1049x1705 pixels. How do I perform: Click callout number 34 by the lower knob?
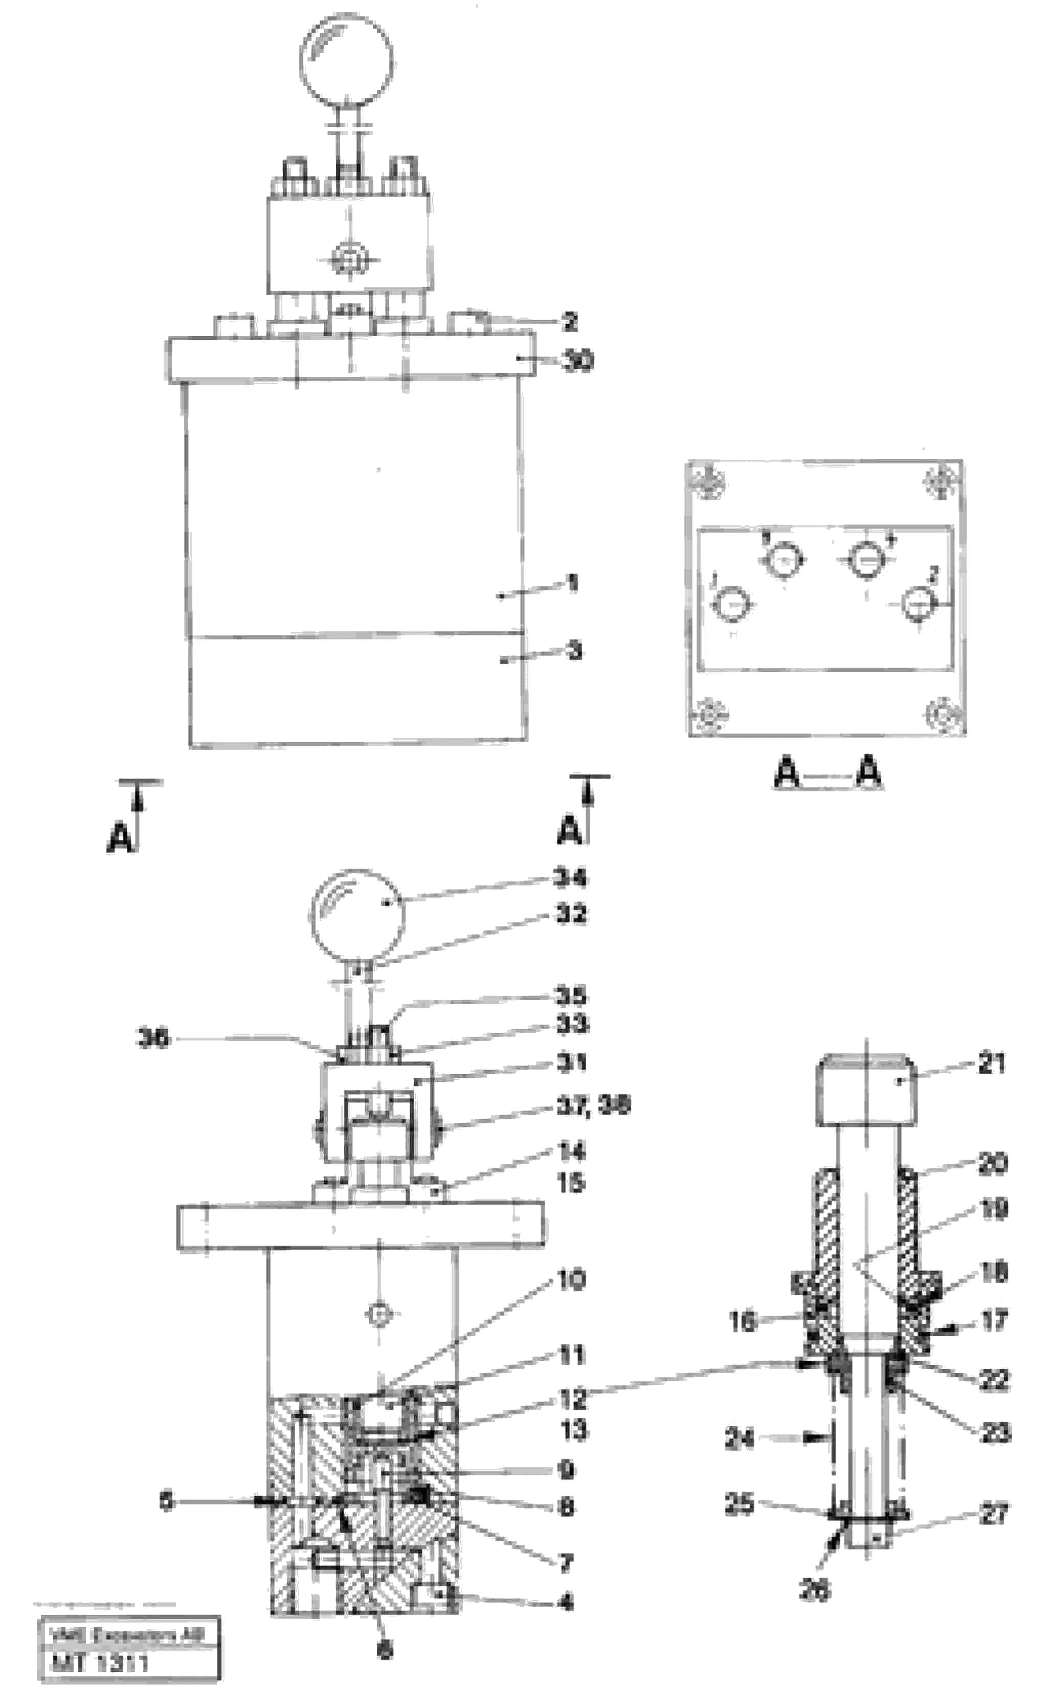coord(570,878)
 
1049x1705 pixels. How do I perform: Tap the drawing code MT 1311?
coord(99,1663)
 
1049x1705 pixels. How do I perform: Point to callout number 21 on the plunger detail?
coord(991,1063)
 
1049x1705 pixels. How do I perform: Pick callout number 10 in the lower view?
coord(571,1279)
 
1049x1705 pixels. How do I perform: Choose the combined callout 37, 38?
coord(594,1105)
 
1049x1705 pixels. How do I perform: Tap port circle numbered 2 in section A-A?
coord(919,602)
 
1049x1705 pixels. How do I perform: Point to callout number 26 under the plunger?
coord(814,1589)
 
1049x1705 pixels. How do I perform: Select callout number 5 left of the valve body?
coord(166,1500)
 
